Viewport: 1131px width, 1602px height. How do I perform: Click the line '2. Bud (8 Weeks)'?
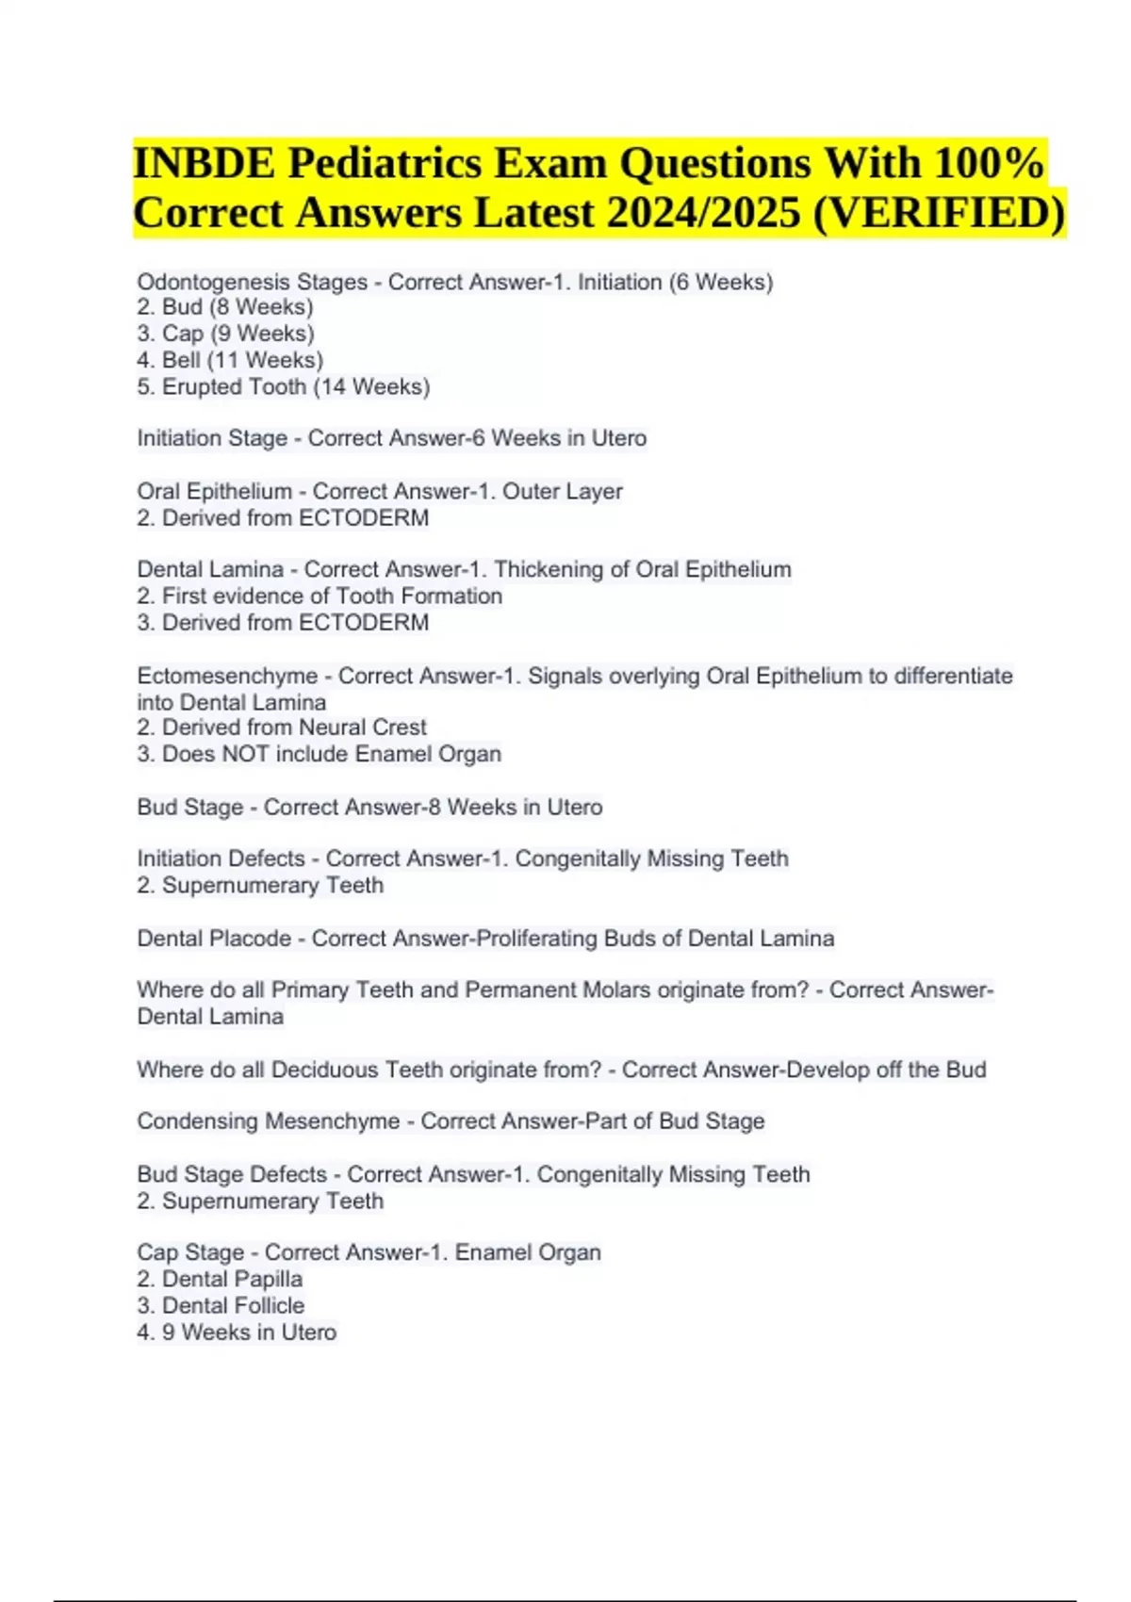(x=225, y=307)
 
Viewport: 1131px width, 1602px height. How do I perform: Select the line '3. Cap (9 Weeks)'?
(x=225, y=334)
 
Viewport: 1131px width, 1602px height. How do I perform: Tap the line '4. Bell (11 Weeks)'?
(x=230, y=360)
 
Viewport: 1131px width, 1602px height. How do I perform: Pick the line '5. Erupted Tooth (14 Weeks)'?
(x=283, y=386)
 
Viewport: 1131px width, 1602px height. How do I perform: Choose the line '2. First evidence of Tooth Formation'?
(x=320, y=596)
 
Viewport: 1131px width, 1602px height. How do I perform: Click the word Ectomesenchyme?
(x=227, y=676)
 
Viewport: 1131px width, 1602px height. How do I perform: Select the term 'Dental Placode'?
(x=214, y=939)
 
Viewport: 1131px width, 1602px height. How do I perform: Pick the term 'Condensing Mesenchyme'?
(x=269, y=1121)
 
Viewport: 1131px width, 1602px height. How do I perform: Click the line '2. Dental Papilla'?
(x=220, y=1279)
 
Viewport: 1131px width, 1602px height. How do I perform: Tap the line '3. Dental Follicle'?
(x=221, y=1305)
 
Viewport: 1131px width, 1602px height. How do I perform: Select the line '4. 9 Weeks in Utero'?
(x=237, y=1332)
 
